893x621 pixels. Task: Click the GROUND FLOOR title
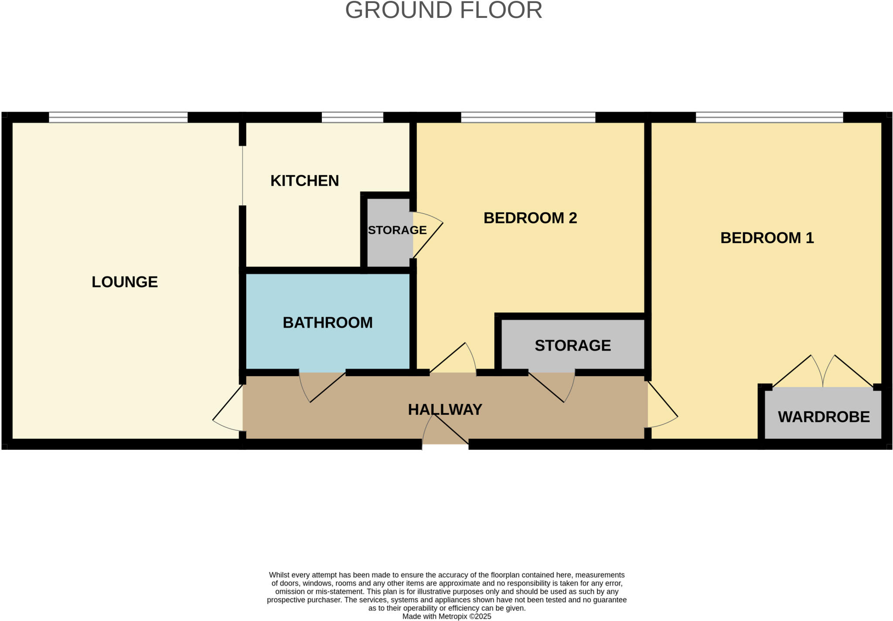[443, 10]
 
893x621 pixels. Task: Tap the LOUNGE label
[124, 282]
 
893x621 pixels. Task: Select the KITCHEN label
[304, 180]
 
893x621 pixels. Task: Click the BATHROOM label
[327, 322]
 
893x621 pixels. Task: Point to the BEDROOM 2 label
[530, 218]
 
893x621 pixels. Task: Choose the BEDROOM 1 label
[767, 238]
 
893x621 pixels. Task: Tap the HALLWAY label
[445, 410]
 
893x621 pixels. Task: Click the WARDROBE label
[823, 417]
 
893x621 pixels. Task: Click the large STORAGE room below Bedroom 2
[572, 346]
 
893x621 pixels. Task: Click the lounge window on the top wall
[118, 117]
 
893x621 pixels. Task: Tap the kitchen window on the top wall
[352, 117]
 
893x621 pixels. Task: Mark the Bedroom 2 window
[528, 117]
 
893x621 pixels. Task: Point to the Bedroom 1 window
[769, 117]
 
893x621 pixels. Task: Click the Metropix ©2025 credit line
[446, 617]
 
